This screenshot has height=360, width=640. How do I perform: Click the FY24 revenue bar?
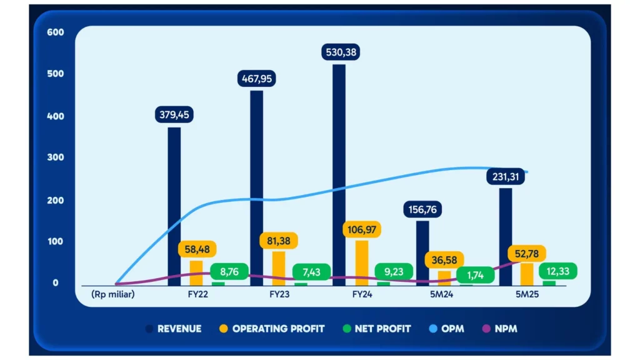(339, 175)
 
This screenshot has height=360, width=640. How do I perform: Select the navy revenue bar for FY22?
(174, 206)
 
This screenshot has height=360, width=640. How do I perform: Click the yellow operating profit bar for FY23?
(279, 268)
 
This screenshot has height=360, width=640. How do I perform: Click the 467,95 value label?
(257, 79)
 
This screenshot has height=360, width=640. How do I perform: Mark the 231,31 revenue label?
(506, 177)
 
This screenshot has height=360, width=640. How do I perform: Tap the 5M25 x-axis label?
(527, 294)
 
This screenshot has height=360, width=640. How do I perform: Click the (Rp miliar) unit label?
(112, 294)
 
